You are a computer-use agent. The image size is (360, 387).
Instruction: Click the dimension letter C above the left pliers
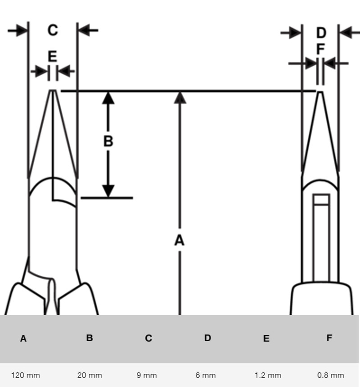tap(53, 30)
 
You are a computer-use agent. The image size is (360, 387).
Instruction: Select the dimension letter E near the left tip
tap(53, 57)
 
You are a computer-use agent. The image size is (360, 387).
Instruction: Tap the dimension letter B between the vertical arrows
tap(108, 141)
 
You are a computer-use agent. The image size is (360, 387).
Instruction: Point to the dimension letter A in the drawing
tap(180, 241)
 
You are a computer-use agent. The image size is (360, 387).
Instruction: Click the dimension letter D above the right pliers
tap(321, 33)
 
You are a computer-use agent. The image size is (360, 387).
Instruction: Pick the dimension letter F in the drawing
tap(320, 49)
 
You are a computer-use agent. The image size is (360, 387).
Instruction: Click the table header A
tap(23, 338)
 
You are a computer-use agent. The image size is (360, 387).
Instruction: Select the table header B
tap(90, 337)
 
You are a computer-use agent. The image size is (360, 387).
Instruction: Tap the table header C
tap(148, 338)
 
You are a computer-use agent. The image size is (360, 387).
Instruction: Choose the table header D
tap(207, 337)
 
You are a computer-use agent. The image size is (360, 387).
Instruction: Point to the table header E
tap(266, 338)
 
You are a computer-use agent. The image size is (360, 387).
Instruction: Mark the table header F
tap(329, 337)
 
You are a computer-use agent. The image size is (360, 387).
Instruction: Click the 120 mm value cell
tap(26, 375)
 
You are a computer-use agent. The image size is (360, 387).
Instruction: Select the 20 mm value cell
tap(90, 375)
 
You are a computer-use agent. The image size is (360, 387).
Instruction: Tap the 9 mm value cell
tap(147, 375)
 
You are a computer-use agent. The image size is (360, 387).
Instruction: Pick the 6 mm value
tap(206, 375)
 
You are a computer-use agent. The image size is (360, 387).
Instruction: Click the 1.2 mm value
tap(268, 375)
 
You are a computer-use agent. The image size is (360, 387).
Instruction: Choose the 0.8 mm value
tap(331, 375)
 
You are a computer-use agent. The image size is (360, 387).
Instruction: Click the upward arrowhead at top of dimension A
tap(180, 97)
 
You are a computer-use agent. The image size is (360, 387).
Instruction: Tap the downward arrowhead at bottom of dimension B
tap(108, 191)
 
